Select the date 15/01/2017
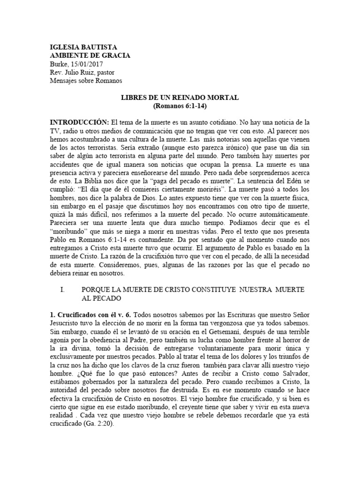87,64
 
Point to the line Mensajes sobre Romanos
86,81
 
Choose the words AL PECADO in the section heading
102,298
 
